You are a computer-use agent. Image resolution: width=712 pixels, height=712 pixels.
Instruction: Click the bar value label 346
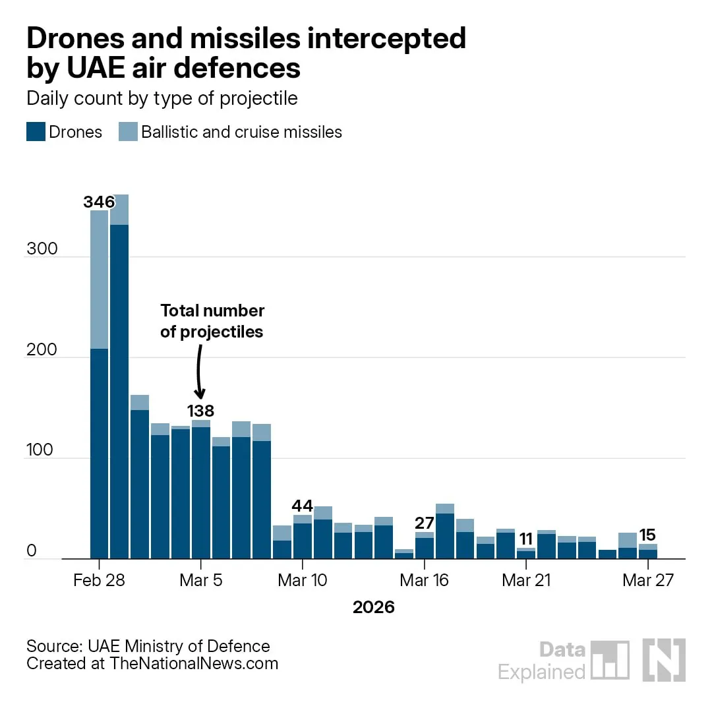(x=99, y=202)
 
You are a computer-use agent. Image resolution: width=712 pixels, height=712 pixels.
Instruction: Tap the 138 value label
(x=200, y=411)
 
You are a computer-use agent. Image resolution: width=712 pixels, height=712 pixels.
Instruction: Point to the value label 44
(x=303, y=506)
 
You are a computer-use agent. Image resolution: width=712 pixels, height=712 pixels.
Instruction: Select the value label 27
(x=425, y=523)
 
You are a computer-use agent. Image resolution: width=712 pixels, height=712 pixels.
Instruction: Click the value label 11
(x=526, y=539)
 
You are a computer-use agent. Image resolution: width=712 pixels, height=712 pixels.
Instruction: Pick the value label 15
(x=647, y=535)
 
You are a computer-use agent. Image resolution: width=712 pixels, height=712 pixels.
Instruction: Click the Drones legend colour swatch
(x=36, y=132)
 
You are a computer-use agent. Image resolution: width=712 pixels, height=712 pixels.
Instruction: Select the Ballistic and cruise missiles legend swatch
(x=128, y=132)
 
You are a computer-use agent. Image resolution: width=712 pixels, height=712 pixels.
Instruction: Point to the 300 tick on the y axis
(x=42, y=249)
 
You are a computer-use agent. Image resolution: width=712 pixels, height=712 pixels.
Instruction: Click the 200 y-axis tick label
(x=42, y=349)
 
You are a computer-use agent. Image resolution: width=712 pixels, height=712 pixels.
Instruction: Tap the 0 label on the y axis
(x=32, y=550)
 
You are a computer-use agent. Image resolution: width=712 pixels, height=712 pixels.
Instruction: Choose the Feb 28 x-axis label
(x=99, y=580)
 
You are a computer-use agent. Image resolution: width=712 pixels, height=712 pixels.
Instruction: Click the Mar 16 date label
(x=424, y=580)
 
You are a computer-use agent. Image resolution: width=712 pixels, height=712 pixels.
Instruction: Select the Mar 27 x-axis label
(x=648, y=580)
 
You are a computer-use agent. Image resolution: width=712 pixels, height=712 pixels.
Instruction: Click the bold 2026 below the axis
(x=374, y=607)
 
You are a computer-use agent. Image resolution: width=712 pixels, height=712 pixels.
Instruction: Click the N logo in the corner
(x=664, y=660)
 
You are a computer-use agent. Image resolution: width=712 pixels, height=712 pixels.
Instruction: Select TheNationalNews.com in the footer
(x=194, y=663)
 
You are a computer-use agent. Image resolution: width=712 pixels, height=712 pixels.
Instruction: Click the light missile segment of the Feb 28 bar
(x=99, y=280)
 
